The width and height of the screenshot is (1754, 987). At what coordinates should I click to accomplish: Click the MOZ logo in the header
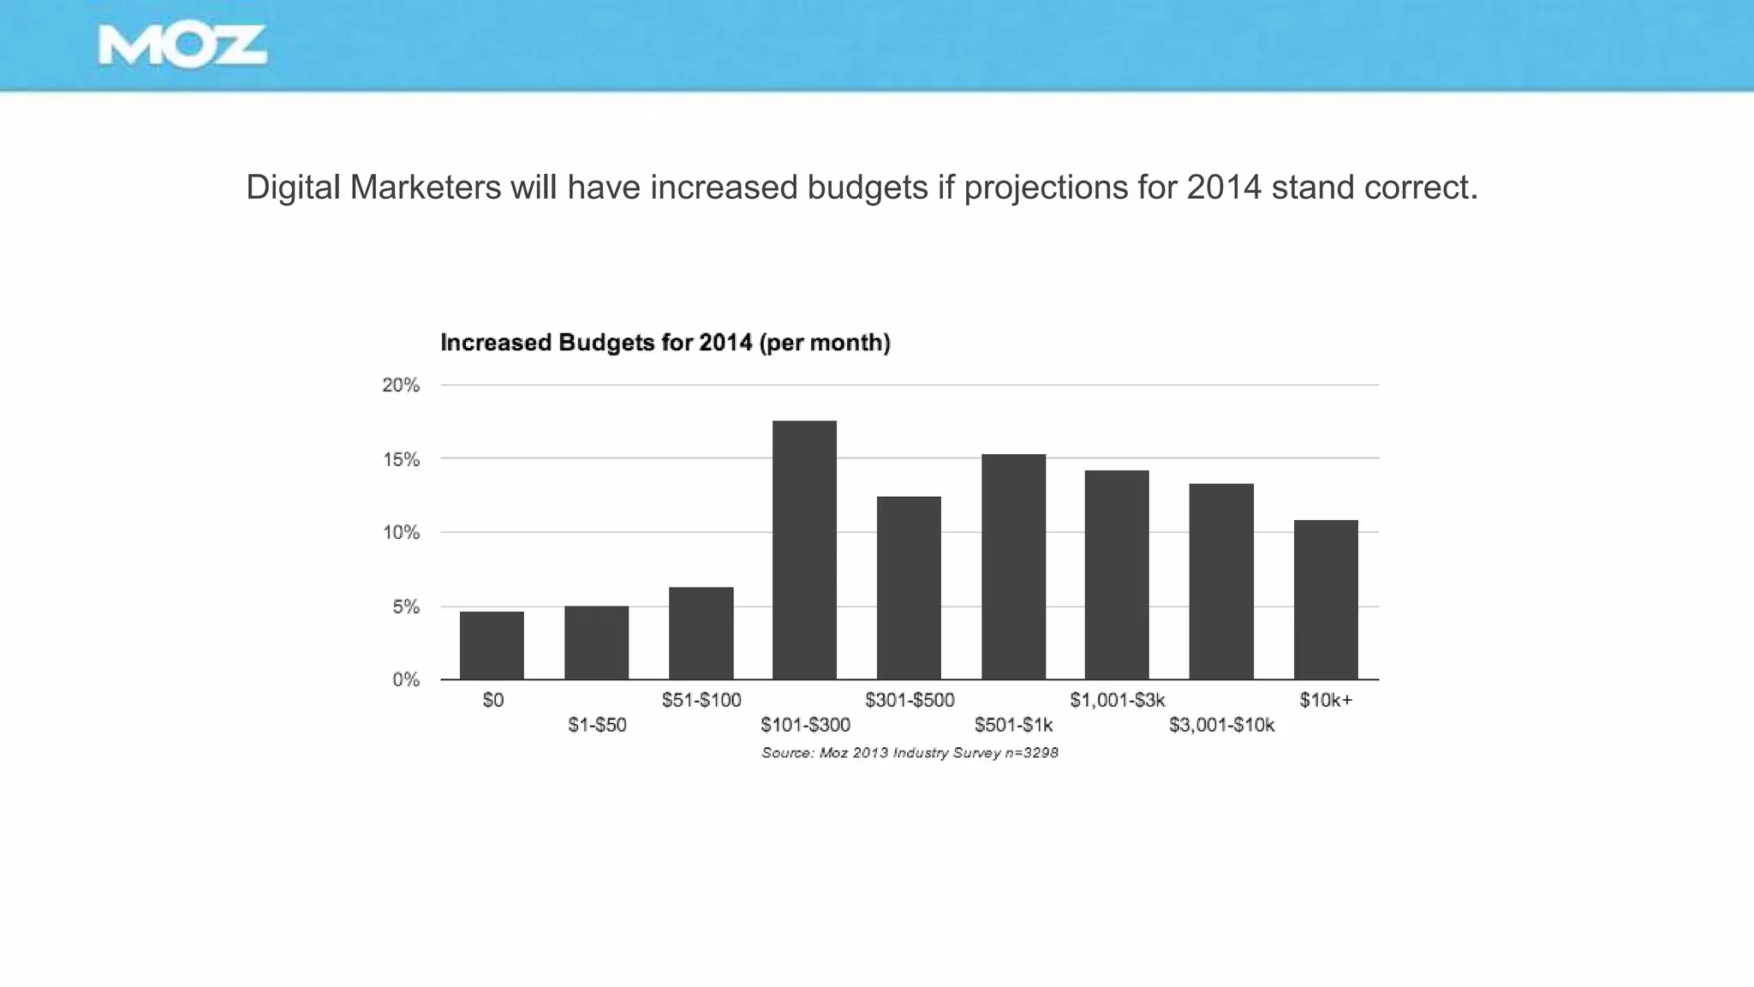tap(182, 45)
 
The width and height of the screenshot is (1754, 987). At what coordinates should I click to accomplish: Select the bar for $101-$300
tap(804, 550)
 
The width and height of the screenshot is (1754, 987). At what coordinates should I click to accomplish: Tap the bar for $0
tap(492, 645)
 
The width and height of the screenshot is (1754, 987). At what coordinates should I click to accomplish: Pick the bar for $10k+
tap(1326, 600)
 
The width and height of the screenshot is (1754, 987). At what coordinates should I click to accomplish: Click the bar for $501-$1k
tap(1013, 566)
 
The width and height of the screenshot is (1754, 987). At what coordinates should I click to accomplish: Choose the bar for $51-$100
tap(701, 633)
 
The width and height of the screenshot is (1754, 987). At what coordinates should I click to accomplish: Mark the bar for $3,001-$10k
tap(1221, 582)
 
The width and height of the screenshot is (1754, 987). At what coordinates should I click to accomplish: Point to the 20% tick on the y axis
tap(401, 386)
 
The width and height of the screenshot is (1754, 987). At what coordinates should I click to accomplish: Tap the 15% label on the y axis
tap(401, 460)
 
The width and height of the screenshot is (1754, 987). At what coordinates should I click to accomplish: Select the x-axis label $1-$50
tap(597, 726)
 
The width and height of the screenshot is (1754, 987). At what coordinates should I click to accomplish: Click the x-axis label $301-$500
tap(910, 700)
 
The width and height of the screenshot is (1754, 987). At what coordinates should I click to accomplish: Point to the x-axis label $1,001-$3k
tap(1117, 700)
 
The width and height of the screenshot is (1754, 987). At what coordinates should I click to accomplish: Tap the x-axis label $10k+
tap(1326, 700)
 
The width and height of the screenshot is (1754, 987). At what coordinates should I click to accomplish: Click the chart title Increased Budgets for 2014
tap(665, 343)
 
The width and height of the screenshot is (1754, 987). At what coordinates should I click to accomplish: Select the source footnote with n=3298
tap(910, 753)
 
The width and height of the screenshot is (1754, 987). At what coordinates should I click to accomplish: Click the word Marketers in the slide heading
tap(425, 188)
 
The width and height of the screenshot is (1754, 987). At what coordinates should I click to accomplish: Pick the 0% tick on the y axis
tap(406, 680)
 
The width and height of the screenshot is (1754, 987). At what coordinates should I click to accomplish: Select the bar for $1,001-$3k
tap(1117, 575)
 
